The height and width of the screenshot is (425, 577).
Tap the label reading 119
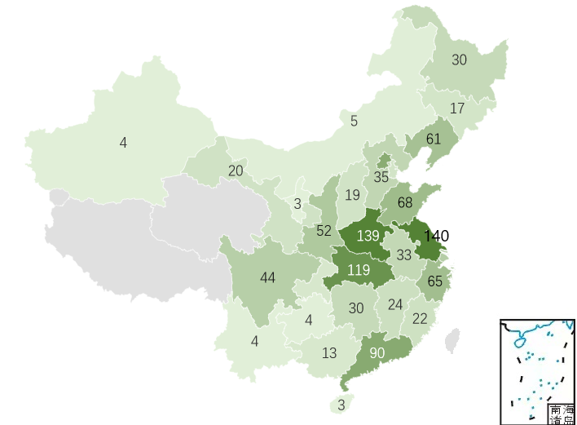358,270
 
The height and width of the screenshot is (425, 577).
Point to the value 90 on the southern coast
377,353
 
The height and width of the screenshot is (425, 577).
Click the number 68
405,202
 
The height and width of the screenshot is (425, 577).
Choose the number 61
433,139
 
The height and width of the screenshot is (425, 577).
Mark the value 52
324,231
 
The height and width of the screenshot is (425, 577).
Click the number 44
267,277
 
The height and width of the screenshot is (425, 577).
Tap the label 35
381,177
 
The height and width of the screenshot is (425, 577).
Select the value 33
403,255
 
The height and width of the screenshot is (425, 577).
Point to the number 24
395,304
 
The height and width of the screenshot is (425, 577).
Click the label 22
420,318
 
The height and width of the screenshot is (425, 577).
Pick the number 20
236,170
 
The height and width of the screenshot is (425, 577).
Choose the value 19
352,195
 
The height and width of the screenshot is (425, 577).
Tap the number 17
457,108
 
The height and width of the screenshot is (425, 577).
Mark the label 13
329,353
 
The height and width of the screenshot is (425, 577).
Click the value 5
354,122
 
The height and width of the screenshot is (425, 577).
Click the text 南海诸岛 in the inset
560,414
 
